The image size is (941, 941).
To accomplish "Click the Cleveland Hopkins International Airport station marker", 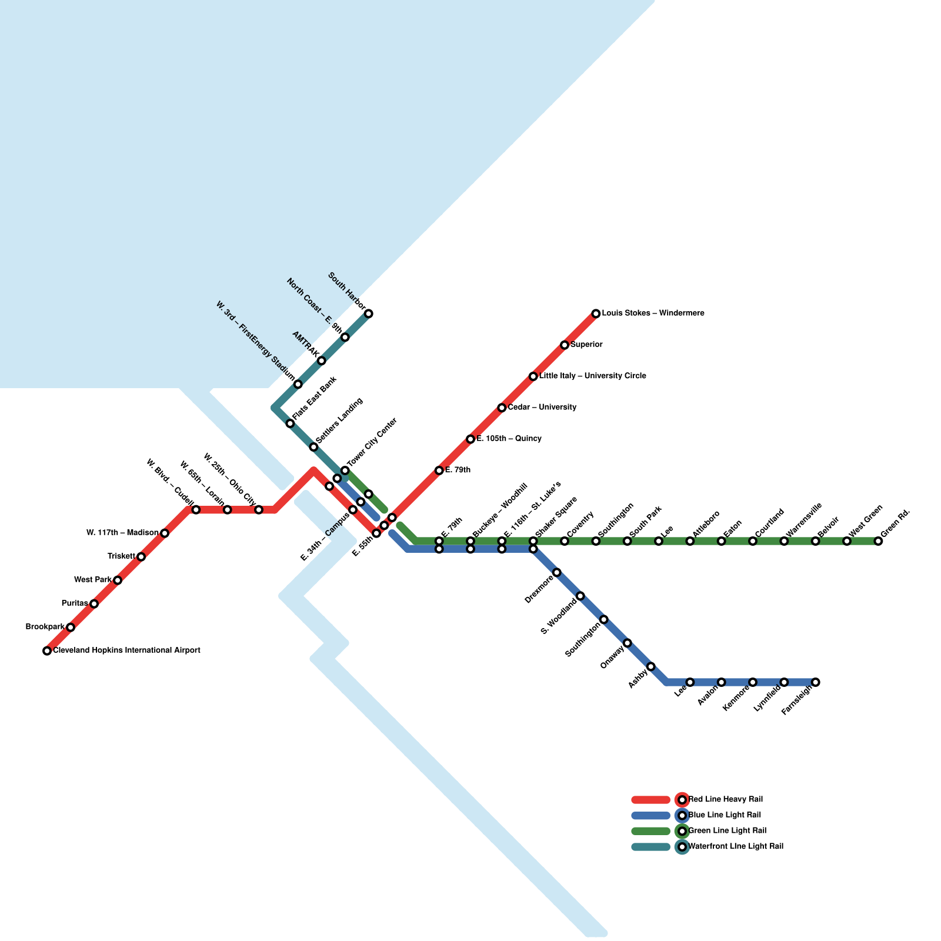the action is click(x=47, y=650).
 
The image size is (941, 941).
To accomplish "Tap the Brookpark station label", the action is click(x=45, y=627).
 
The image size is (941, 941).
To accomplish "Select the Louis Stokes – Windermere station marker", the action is click(x=596, y=313).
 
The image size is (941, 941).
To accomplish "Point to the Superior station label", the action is click(x=586, y=345).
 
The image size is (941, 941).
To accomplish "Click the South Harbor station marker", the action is click(x=369, y=313).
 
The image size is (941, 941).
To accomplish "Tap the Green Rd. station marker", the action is click(x=878, y=541).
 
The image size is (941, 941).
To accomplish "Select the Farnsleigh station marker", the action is click(x=815, y=682).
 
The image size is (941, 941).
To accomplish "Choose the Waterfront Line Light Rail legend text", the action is click(x=735, y=847).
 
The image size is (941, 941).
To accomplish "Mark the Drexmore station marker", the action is click(x=557, y=572).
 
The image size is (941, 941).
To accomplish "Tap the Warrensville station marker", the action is click(x=784, y=541).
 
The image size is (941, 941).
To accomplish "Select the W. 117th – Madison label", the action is click(x=122, y=533).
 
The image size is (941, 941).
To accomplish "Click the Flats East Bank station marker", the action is click(x=290, y=423).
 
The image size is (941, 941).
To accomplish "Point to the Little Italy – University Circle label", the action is click(x=592, y=376).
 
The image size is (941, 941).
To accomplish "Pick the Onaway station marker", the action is click(x=628, y=643).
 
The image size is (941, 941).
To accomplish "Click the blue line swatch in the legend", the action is click(x=650, y=816).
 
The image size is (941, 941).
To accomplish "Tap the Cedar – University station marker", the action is click(x=502, y=408).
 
